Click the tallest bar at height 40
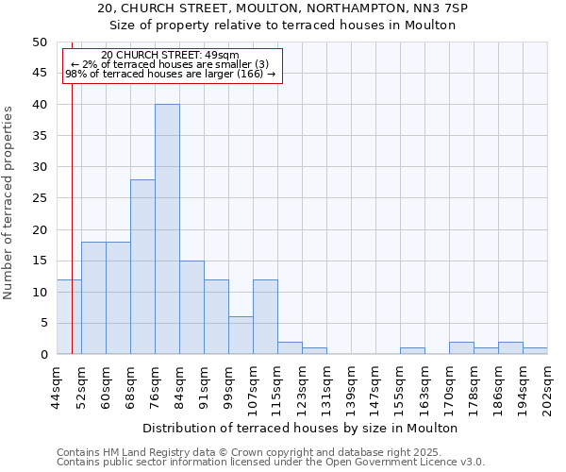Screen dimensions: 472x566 (x=167, y=229)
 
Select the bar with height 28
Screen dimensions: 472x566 (x=142, y=267)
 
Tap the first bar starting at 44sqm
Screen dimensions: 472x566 (x=69, y=317)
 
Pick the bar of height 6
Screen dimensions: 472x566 (x=241, y=336)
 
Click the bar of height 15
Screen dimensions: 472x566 (x=191, y=308)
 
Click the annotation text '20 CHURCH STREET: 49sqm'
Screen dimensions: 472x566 (x=170, y=56)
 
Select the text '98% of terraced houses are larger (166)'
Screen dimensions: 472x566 (x=170, y=74)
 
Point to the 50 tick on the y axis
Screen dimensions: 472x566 (x=39, y=42)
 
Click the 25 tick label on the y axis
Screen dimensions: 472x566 (x=39, y=198)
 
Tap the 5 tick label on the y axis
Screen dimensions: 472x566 (x=42, y=323)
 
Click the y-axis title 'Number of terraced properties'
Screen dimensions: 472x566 (x=8, y=202)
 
